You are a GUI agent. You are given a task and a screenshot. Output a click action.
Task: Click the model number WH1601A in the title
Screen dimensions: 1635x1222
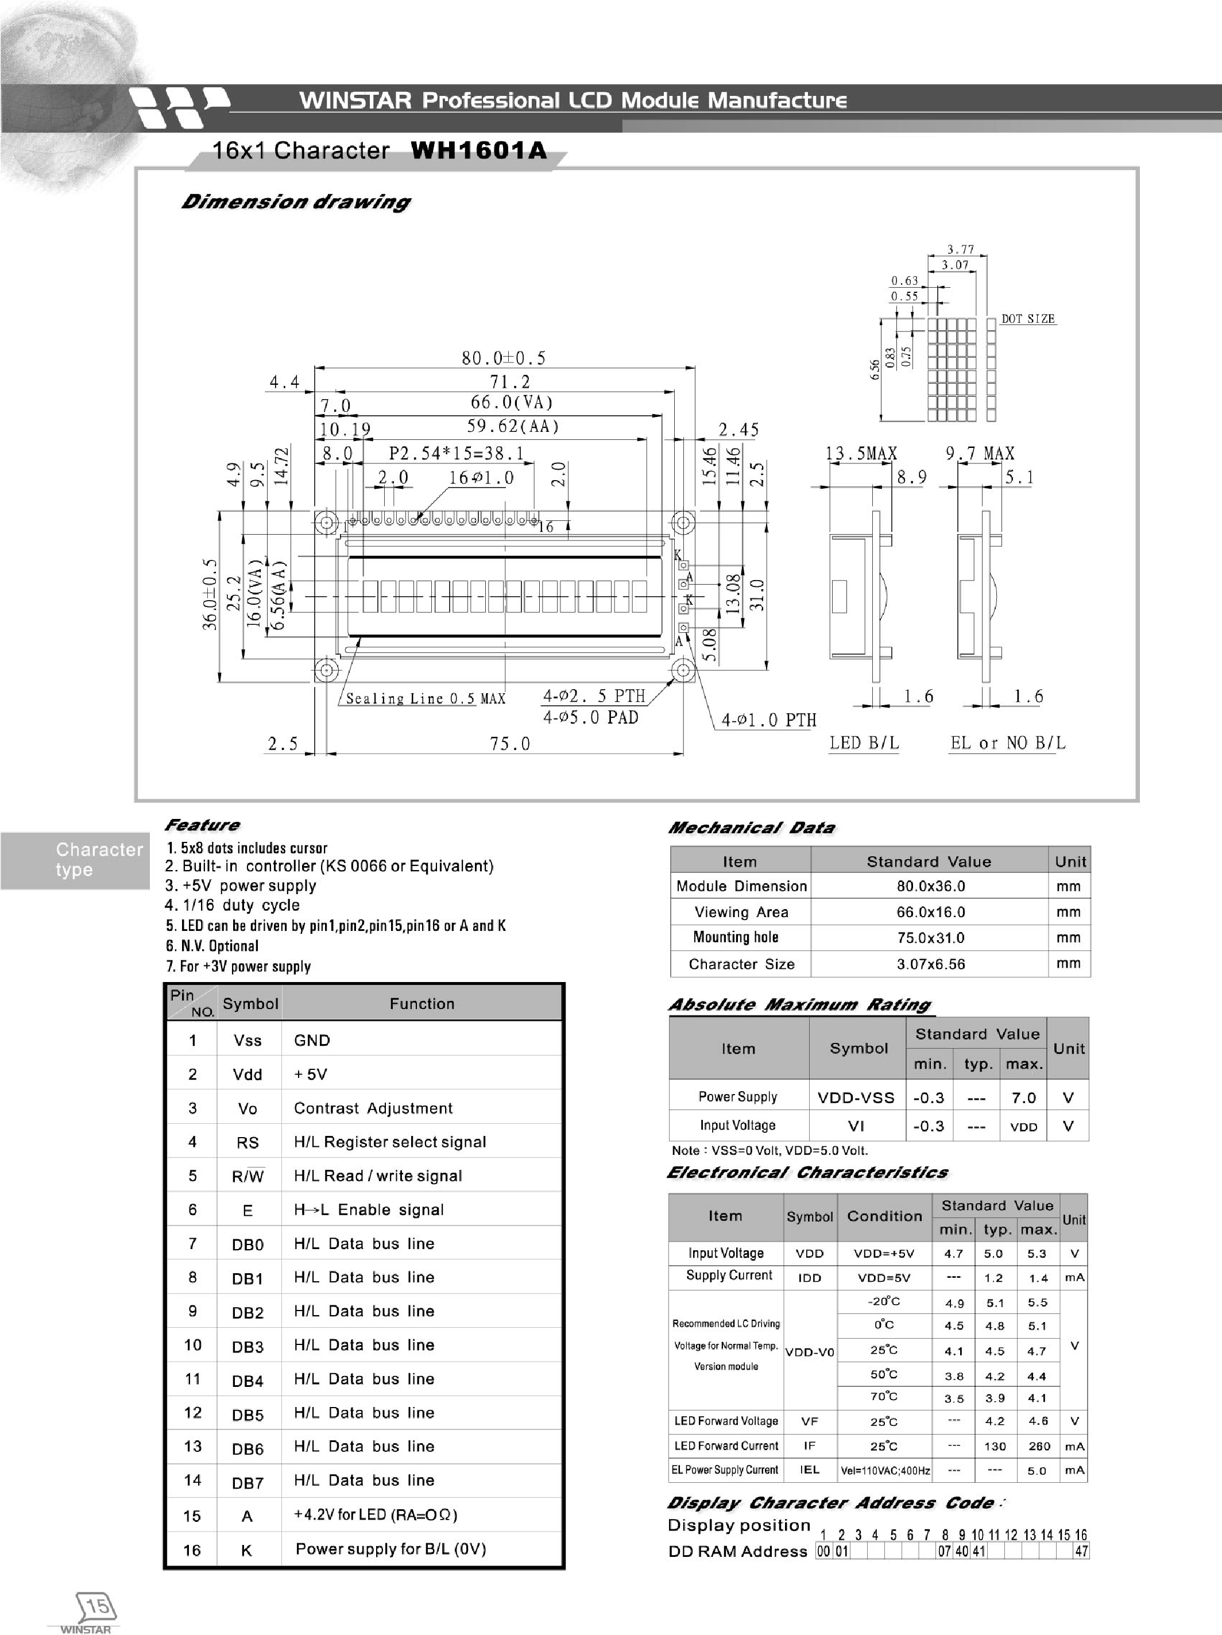pos(478,151)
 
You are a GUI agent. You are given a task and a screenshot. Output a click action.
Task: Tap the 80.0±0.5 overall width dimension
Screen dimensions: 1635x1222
pos(504,358)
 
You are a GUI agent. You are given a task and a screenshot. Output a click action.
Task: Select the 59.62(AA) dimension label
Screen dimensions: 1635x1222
pos(513,427)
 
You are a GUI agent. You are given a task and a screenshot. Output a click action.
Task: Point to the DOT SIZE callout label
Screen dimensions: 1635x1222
pos(1027,319)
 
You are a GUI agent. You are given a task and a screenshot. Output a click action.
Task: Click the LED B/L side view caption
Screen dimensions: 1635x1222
pos(864,743)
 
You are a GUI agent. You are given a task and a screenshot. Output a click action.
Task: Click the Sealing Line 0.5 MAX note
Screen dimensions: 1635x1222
pos(425,698)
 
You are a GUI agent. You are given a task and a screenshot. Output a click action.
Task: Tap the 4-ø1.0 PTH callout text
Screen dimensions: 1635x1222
pos(769,720)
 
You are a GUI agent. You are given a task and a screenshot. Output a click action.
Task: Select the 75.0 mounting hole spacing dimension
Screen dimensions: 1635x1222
pos(510,744)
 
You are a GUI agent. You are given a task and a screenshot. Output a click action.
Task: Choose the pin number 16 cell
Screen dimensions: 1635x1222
pos(192,1550)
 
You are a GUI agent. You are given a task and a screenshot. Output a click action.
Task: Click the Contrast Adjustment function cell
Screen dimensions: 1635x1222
pos(373,1108)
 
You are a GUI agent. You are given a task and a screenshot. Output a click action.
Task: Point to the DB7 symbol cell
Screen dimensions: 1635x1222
pos(248,1483)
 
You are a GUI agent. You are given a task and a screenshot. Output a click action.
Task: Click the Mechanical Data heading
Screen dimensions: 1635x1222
pos(751,828)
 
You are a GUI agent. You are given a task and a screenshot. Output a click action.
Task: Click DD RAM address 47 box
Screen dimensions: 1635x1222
pos(1081,1552)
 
